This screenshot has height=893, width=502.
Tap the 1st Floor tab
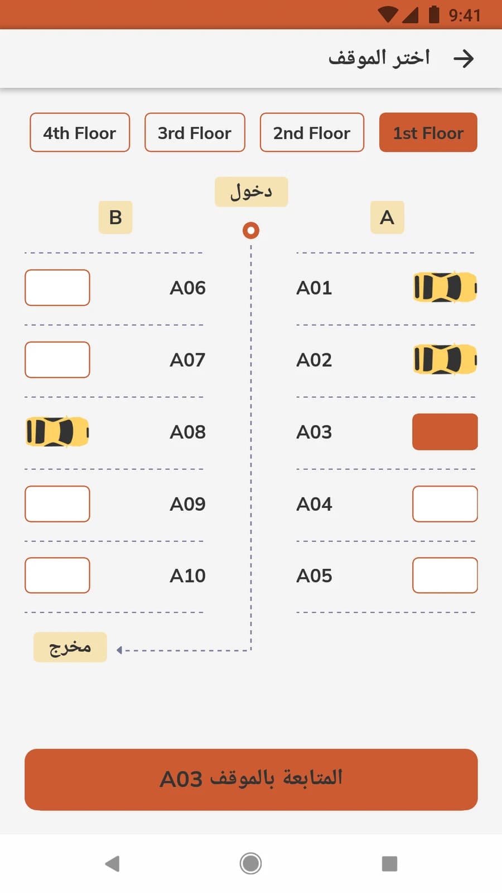[428, 132]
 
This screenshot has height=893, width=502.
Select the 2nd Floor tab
[312, 132]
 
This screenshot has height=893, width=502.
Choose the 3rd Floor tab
[195, 132]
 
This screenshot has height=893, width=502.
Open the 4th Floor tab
[80, 132]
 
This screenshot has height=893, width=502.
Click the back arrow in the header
[464, 59]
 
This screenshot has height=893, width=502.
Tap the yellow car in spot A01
[445, 287]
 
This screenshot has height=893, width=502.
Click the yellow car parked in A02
[445, 359]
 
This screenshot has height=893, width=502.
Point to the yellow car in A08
[57, 432]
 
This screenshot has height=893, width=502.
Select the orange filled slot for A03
[445, 432]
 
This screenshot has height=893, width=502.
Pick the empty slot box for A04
[445, 504]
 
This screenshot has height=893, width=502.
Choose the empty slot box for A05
[445, 575]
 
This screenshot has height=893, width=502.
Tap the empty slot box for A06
[57, 287]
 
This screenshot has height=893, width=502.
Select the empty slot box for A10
[57, 575]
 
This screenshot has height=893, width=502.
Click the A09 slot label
[187, 505]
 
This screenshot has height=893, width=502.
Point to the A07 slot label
[187, 360]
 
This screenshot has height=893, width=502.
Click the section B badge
[115, 217]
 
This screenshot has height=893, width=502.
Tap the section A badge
[387, 217]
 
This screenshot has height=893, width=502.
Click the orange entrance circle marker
[251, 231]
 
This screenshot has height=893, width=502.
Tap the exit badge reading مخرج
[70, 647]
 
